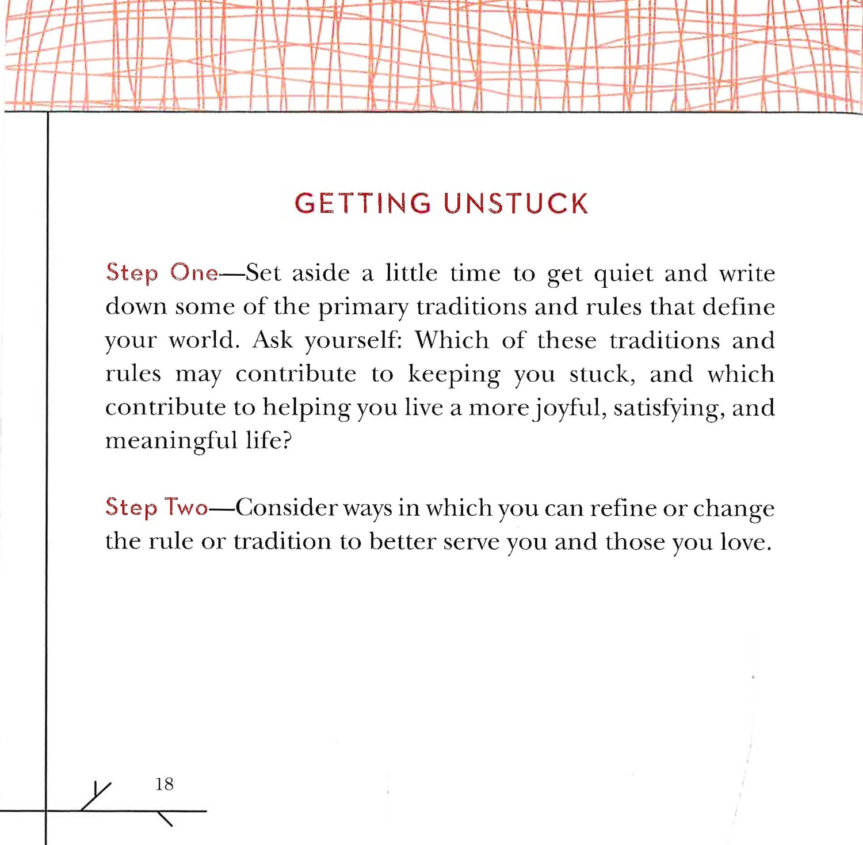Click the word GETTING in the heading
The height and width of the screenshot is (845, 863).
point(362,204)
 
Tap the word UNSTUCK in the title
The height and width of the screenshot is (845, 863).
point(515,204)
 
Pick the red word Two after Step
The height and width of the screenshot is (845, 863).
point(186,507)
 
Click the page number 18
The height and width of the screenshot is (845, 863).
point(164,783)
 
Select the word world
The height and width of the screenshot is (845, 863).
point(204,340)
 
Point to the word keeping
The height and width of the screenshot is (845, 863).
point(454,375)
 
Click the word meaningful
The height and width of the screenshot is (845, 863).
point(171,441)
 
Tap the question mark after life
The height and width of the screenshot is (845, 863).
point(287,440)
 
